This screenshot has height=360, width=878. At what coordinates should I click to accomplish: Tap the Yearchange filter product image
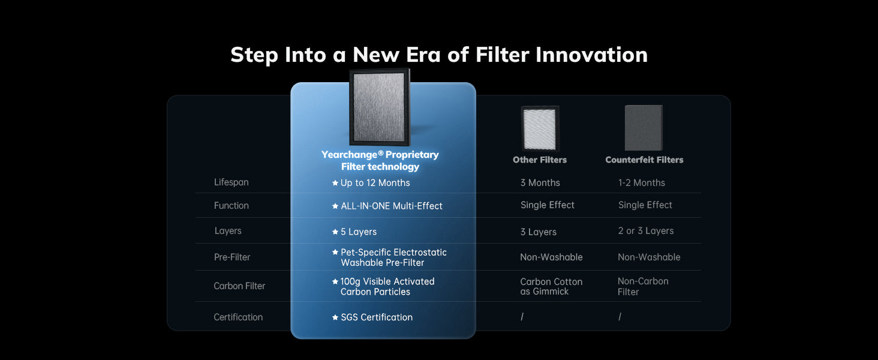pos(380,107)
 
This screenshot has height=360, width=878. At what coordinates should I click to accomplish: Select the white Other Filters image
pos(540,128)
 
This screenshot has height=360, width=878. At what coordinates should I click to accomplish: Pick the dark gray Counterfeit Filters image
pos(644,128)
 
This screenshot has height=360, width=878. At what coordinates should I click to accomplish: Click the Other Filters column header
pos(540,160)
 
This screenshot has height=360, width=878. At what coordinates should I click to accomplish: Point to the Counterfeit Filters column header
pos(644,160)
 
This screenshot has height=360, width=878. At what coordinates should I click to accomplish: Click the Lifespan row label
pos(231,182)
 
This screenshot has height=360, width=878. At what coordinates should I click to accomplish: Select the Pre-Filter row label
pos(232,257)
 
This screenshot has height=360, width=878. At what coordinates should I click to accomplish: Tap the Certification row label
pos(238,317)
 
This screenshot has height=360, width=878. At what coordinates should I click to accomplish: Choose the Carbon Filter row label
pos(239,286)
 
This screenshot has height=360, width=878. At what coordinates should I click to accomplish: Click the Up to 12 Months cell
pos(371,183)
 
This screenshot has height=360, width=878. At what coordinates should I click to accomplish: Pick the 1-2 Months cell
pos(642,183)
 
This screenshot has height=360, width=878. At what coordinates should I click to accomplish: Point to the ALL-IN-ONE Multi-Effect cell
pos(387,206)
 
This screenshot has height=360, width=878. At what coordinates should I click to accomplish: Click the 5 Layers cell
pos(354,232)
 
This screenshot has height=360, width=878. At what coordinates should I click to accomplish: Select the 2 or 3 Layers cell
pos(646,230)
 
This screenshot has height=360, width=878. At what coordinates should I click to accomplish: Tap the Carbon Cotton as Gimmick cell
pos(551,286)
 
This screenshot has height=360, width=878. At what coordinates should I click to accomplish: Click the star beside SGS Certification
pos(335,317)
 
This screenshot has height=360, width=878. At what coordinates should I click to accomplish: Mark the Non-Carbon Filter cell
pos(643,286)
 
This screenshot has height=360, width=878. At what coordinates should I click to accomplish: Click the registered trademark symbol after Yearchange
pos(381,152)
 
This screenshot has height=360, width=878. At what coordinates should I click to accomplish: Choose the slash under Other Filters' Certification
pos(522,316)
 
